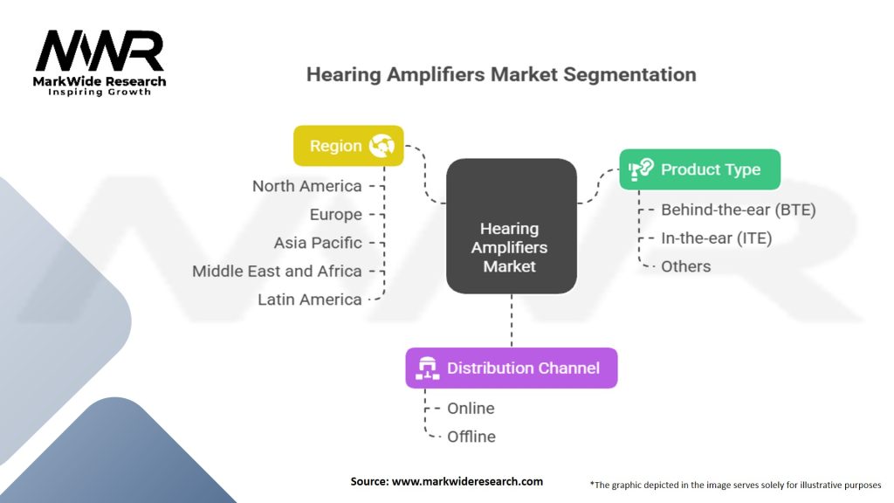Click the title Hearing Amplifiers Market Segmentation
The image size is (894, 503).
click(x=501, y=74)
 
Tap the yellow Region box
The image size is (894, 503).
click(x=348, y=146)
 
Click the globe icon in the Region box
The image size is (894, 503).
click(x=382, y=146)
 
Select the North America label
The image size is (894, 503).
click(x=306, y=186)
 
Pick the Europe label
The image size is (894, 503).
click(x=335, y=214)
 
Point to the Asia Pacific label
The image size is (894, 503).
click(x=317, y=243)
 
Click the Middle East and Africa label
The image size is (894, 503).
click(x=277, y=271)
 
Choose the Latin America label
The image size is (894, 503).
click(x=309, y=300)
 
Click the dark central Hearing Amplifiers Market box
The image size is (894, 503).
click(x=511, y=226)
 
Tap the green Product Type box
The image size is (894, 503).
click(x=699, y=169)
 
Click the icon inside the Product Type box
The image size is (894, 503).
click(x=642, y=169)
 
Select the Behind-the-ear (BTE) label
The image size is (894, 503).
click(x=738, y=210)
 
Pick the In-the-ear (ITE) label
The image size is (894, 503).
click(x=716, y=238)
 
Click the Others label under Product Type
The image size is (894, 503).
click(x=685, y=266)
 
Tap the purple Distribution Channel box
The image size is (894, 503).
click(x=511, y=368)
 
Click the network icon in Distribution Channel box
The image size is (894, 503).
click(x=428, y=368)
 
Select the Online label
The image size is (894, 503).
click(x=471, y=408)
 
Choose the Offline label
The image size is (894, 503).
click(x=471, y=436)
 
